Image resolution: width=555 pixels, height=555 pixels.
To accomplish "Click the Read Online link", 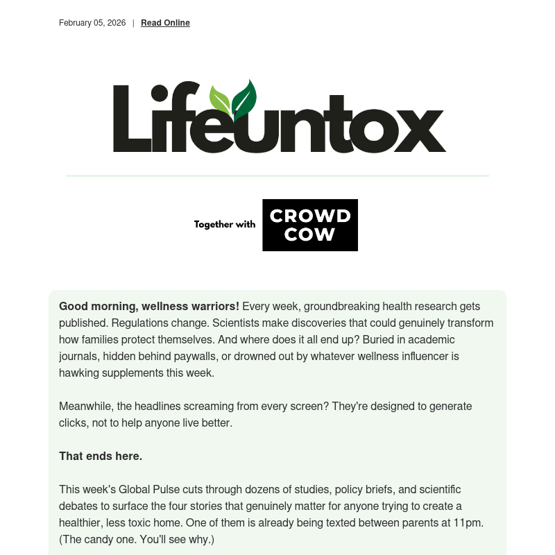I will (x=165, y=23).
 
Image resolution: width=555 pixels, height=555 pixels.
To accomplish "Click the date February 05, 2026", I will (x=92, y=23).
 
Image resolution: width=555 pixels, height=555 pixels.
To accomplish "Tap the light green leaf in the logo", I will (x=220, y=101).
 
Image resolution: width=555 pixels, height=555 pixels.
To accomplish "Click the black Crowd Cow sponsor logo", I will (x=310, y=225).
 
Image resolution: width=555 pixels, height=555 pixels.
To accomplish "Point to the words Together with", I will (x=225, y=225).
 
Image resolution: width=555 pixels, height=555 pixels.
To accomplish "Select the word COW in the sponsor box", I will (x=310, y=235).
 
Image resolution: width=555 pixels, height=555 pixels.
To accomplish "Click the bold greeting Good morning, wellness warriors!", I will (x=149, y=306).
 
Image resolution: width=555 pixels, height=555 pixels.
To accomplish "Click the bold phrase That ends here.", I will (x=101, y=456).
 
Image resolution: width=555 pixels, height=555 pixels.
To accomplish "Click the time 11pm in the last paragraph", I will (x=469, y=522).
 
